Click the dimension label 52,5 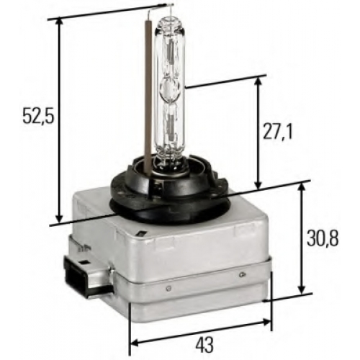[x=37, y=116]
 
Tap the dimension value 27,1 [x=278, y=131]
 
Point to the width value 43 [x=204, y=344]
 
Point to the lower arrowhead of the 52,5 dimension [x=59, y=218]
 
